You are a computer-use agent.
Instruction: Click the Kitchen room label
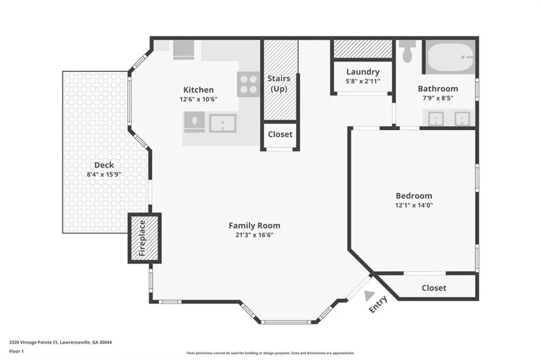pyautogui.click(x=199, y=90)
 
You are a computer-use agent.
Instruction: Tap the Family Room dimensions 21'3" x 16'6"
pyautogui.click(x=254, y=235)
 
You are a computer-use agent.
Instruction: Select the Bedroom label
pyautogui.click(x=414, y=196)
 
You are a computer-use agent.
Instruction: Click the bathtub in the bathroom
pyautogui.click(x=450, y=57)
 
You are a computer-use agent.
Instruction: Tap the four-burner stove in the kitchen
pyautogui.click(x=248, y=84)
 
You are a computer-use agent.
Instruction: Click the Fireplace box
pyautogui.click(x=144, y=238)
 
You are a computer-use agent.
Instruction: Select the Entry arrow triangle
pyautogui.click(x=370, y=295)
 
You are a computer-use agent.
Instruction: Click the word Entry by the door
pyautogui.click(x=378, y=304)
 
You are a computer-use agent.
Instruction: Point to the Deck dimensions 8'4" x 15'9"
pyautogui.click(x=104, y=175)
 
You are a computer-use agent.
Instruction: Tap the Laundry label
pyautogui.click(x=362, y=72)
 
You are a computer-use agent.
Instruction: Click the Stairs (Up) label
pyautogui.click(x=279, y=83)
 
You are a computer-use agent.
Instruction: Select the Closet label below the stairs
pyautogui.click(x=280, y=134)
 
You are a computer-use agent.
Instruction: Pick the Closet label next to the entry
pyautogui.click(x=434, y=288)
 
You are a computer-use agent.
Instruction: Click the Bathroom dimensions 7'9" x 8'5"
pyautogui.click(x=438, y=98)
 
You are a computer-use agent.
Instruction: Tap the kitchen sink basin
pyautogui.click(x=223, y=123)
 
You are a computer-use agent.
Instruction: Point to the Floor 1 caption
pyautogui.click(x=16, y=351)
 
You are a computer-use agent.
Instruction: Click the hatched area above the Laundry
pyautogui.click(x=363, y=49)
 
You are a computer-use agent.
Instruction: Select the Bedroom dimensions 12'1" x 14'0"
pyautogui.click(x=414, y=205)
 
